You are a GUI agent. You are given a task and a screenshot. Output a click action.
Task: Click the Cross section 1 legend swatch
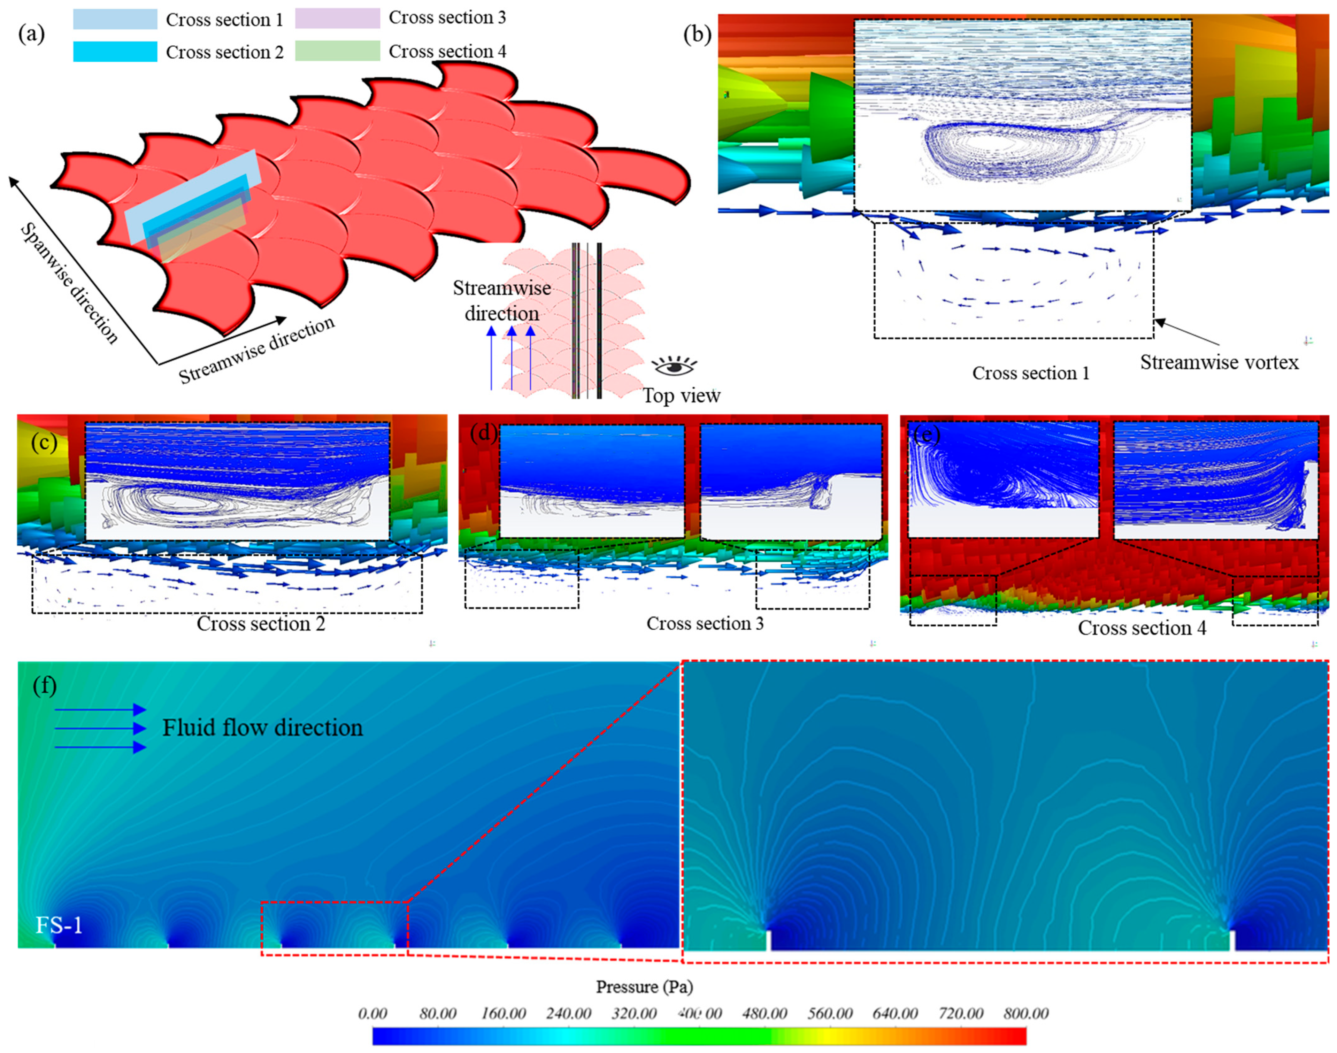[115, 19]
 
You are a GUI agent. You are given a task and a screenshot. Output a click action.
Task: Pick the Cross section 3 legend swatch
[337, 18]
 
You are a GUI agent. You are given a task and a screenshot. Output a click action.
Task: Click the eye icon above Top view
[674, 366]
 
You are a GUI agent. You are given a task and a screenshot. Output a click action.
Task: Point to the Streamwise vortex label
[1219, 362]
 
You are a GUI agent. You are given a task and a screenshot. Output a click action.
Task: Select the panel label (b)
[697, 34]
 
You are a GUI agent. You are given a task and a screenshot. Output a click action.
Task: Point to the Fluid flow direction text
[263, 728]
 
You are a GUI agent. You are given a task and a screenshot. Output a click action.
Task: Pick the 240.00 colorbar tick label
[568, 1014]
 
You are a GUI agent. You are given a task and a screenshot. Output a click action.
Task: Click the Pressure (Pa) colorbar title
[644, 987]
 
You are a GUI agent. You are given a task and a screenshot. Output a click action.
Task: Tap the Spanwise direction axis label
[69, 282]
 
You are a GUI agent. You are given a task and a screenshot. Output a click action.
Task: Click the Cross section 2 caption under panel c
[261, 624]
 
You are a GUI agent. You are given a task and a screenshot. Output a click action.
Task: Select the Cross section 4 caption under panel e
[1142, 628]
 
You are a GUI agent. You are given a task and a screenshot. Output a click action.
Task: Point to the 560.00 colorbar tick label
[830, 1014]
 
